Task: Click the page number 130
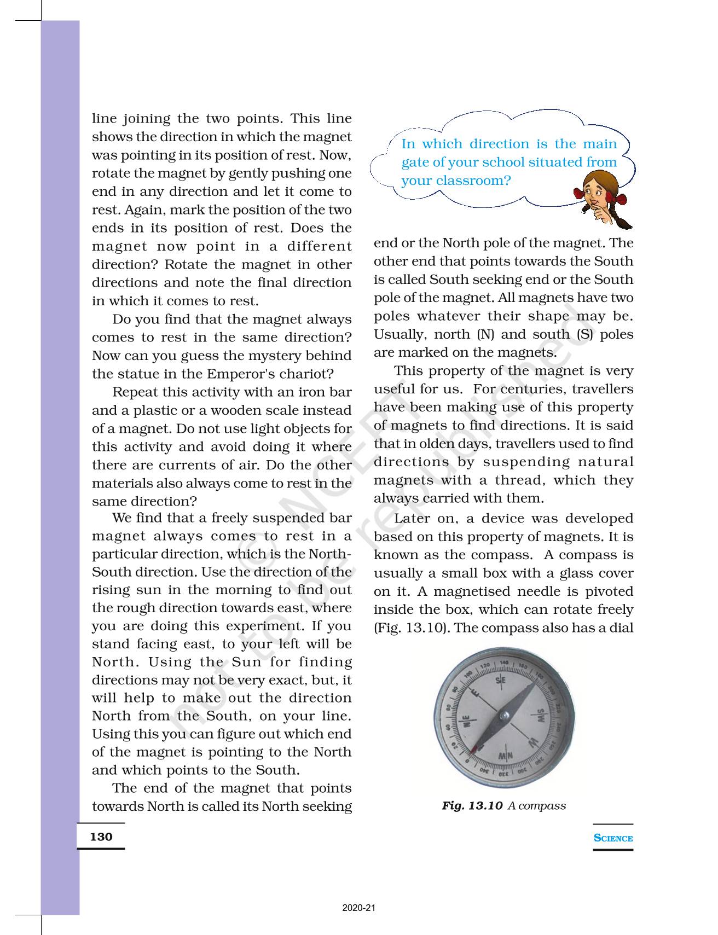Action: tap(101, 837)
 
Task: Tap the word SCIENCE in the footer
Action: tap(613, 838)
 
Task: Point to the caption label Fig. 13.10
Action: tap(472, 805)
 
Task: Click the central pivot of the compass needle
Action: tap(504, 715)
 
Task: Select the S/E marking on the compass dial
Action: tap(500, 680)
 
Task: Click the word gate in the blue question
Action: tap(414, 162)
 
